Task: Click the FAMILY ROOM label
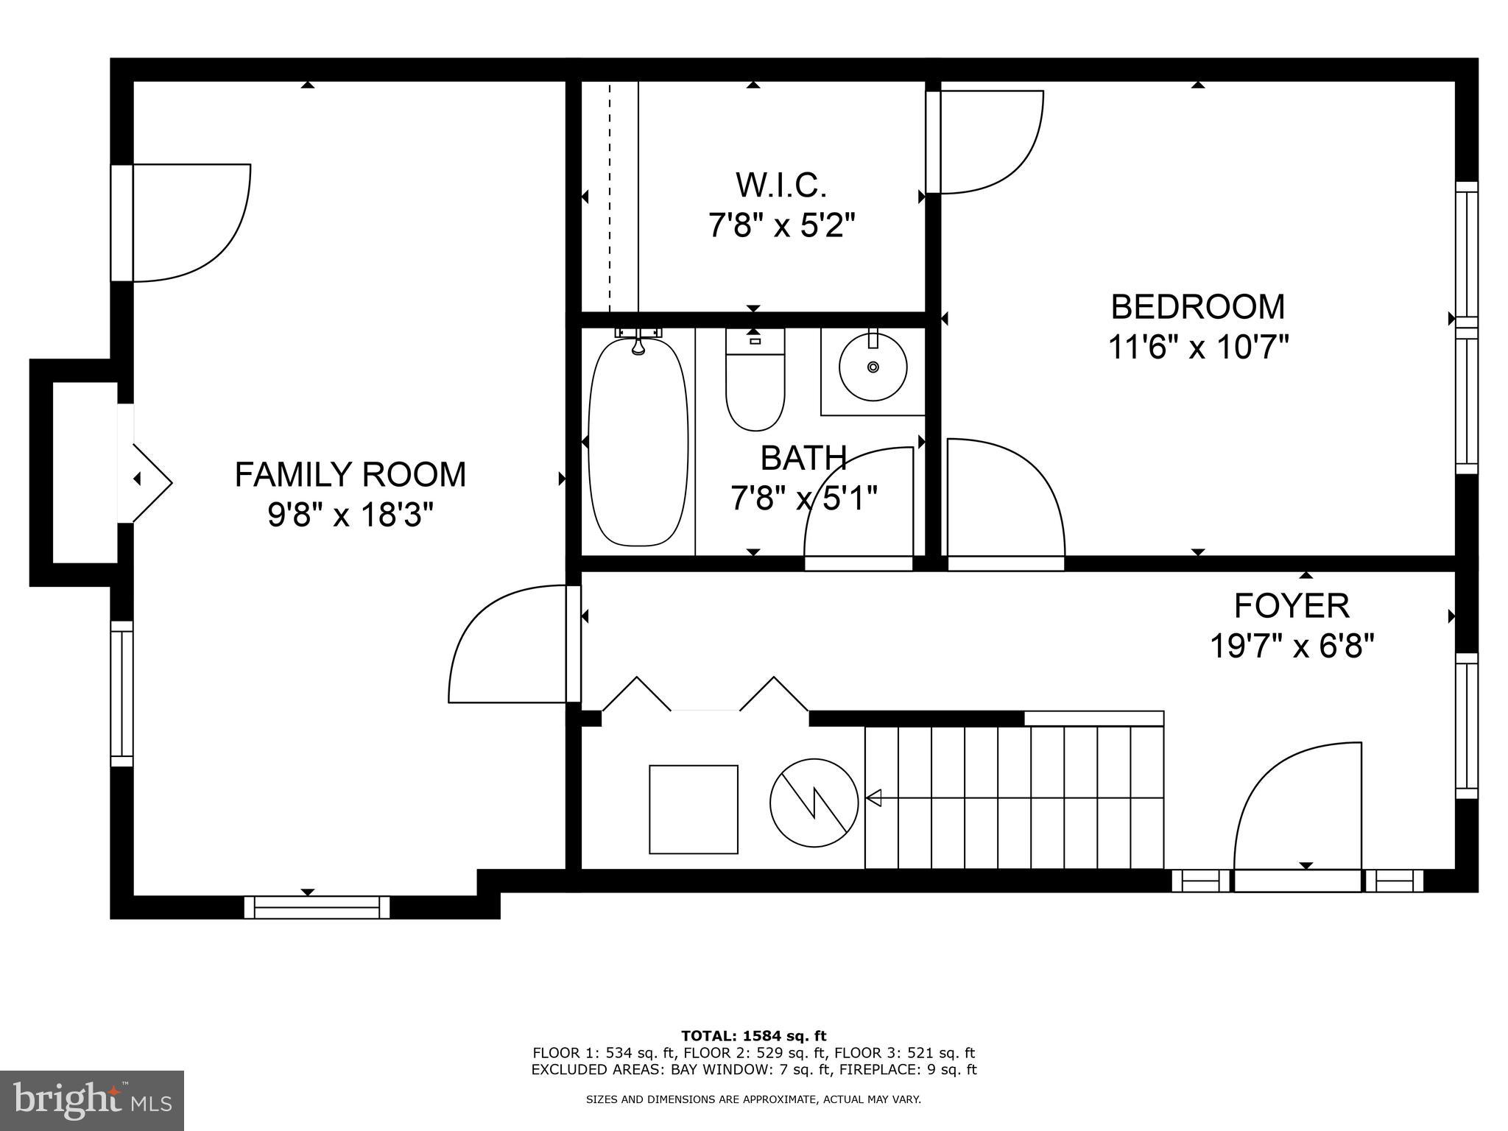[x=350, y=474]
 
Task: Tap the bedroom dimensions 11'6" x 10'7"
[x=1198, y=347]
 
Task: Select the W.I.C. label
[x=781, y=185]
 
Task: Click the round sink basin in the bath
[x=873, y=367]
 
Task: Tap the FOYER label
[x=1292, y=606]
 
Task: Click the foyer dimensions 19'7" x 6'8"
[x=1292, y=647]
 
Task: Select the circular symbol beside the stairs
[x=814, y=803]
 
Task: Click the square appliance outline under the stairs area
[x=693, y=809]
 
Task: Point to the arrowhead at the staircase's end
[x=874, y=797]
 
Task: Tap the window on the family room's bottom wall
[x=317, y=906]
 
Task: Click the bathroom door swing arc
[x=858, y=508]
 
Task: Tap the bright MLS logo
[x=92, y=1101]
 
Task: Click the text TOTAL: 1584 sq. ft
[x=753, y=1036]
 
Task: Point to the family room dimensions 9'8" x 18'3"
[x=350, y=515]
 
